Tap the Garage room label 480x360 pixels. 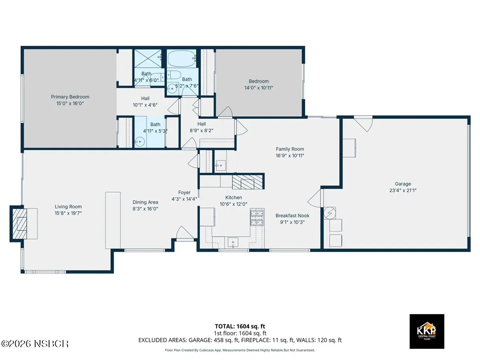403,184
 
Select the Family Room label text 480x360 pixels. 290,149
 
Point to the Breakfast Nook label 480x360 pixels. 292,216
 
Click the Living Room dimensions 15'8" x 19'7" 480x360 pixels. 68,213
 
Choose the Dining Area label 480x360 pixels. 145,202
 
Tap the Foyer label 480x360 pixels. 184,192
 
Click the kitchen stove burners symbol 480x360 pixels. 257,218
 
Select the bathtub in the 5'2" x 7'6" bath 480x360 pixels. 182,58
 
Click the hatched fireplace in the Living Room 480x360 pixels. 20,224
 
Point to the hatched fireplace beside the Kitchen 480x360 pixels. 247,182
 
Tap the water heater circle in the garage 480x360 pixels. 330,213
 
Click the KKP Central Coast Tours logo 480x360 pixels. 427,332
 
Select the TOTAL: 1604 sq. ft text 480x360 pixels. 240,326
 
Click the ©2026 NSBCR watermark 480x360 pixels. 35,344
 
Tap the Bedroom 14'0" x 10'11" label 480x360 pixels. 259,84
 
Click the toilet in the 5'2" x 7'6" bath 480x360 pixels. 174,75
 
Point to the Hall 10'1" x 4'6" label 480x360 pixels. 145,102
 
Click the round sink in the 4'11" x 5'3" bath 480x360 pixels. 140,142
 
